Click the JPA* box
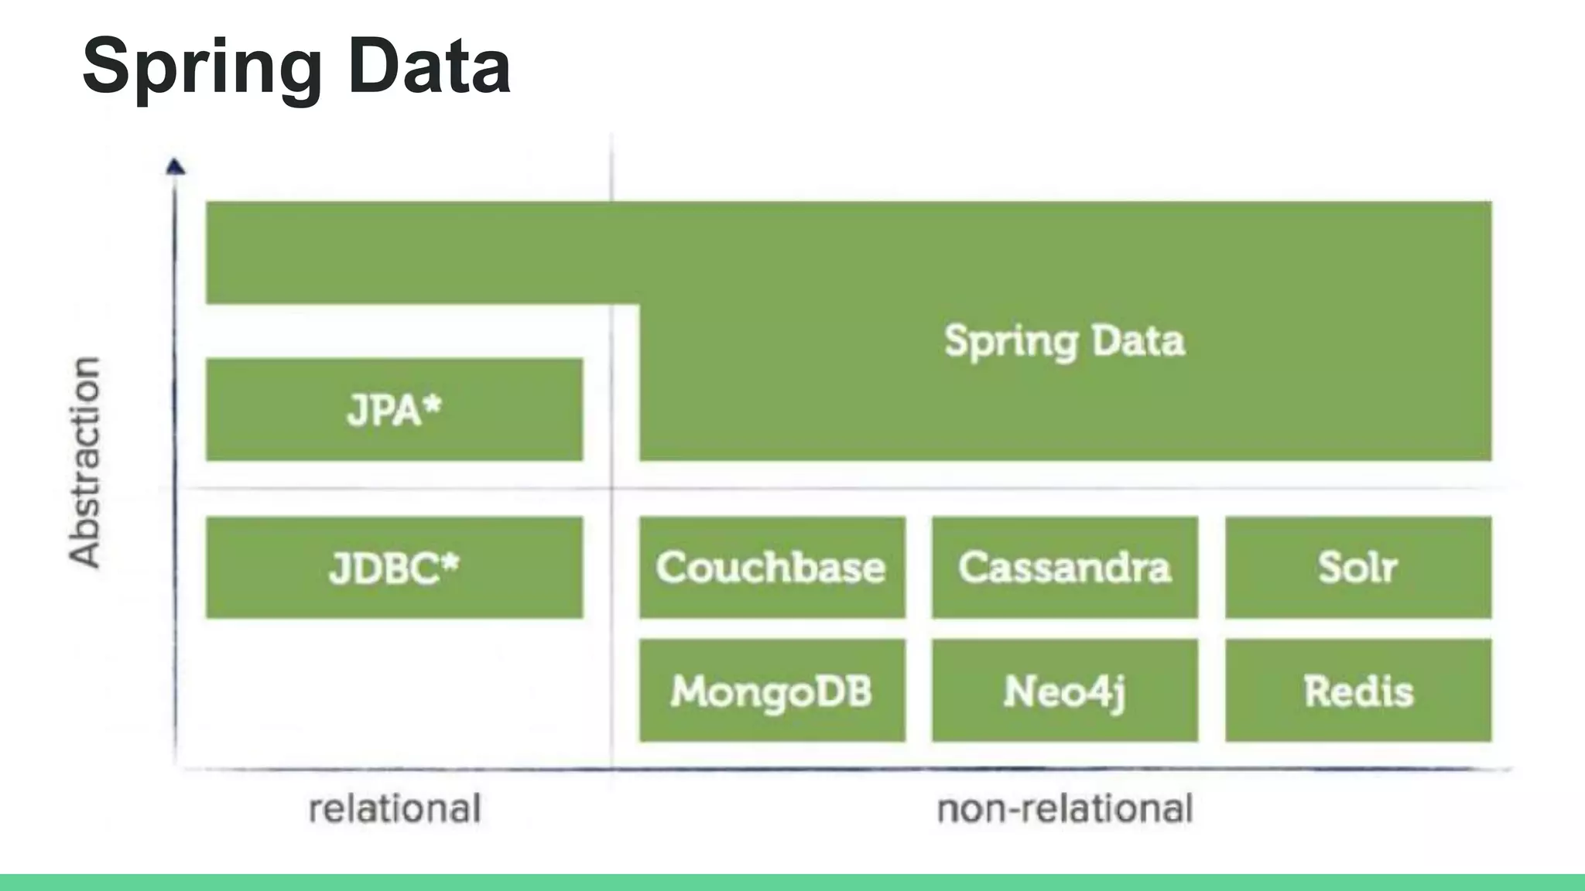click(394, 410)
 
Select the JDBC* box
click(394, 568)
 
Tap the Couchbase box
click(772, 568)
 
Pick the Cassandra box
click(1064, 568)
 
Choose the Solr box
click(1357, 568)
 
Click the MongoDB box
click(772, 691)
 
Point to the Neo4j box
click(1064, 691)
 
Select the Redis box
click(1357, 691)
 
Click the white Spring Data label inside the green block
click(1064, 341)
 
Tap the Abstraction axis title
click(85, 463)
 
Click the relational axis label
click(395, 809)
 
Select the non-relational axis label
click(1064, 809)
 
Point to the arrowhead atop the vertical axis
click(176, 166)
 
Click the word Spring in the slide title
click(201, 68)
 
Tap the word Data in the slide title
click(430, 67)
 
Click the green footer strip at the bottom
click(792, 882)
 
